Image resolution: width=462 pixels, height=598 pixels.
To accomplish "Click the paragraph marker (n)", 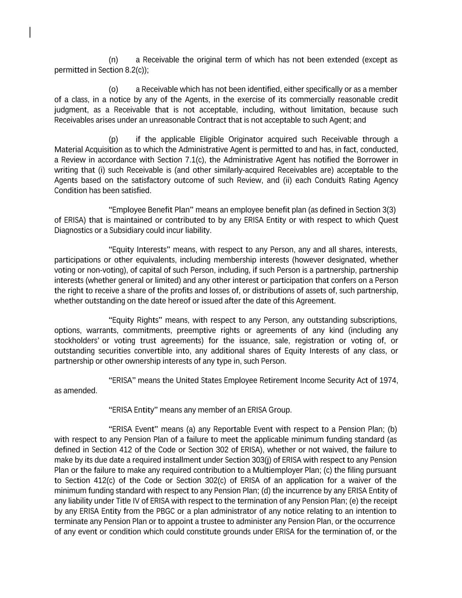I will pos(113,60).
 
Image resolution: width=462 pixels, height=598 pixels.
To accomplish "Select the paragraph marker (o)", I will pos(113,89).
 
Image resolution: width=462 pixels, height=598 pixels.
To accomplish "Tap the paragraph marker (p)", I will pos(113,139).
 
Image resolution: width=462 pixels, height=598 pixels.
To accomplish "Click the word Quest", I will pos(388,220).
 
